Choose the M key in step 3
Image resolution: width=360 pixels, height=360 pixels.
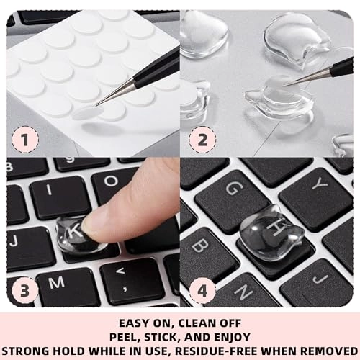[x=53, y=279]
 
